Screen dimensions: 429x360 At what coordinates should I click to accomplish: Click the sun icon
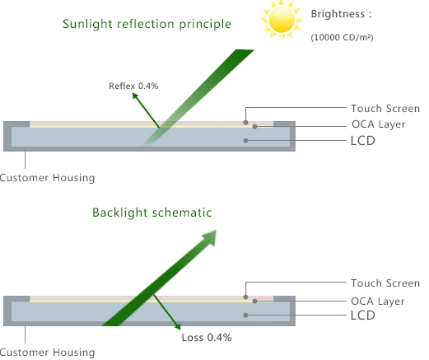click(282, 20)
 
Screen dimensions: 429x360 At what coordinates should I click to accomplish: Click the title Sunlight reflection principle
click(147, 24)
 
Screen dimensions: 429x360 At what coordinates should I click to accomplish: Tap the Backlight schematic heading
click(152, 213)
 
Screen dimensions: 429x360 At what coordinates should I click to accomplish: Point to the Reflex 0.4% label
click(133, 86)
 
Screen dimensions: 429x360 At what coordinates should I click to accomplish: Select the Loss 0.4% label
click(207, 338)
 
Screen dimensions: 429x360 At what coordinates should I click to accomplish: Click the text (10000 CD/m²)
click(342, 37)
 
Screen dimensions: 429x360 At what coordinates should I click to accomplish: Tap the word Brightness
click(338, 14)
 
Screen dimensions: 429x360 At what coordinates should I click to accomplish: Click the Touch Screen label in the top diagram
click(385, 109)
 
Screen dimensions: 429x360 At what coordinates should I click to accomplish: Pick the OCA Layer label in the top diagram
click(379, 124)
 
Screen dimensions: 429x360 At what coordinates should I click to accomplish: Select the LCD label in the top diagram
click(363, 141)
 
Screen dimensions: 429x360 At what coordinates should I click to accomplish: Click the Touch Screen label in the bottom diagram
click(385, 283)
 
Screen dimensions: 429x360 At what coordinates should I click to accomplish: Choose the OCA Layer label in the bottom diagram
click(378, 302)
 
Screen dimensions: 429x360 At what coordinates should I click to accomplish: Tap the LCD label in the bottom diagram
click(363, 316)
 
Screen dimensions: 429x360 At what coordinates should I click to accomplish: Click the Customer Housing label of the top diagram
click(47, 178)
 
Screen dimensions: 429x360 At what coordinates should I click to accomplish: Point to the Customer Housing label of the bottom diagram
click(47, 353)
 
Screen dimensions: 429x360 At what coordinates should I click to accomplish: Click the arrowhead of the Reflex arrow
click(135, 96)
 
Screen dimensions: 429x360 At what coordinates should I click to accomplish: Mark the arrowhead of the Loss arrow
click(178, 326)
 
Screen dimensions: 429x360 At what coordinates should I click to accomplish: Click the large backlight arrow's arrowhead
click(210, 236)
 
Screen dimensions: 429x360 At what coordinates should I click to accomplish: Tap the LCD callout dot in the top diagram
click(246, 141)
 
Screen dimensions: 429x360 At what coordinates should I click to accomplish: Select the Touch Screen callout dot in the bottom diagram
click(246, 297)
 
